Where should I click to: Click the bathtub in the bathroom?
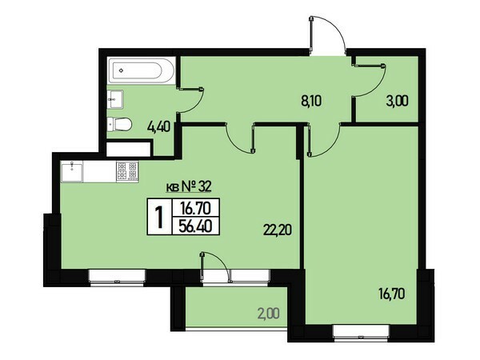click(x=142, y=71)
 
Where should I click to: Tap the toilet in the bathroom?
click(x=120, y=124)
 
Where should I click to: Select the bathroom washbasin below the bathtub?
click(x=115, y=99)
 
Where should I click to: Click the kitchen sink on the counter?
click(x=72, y=172)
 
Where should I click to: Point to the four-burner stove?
click(x=127, y=171)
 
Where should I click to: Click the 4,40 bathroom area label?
click(x=158, y=126)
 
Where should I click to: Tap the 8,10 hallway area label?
click(x=311, y=101)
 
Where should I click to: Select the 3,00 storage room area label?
click(x=397, y=101)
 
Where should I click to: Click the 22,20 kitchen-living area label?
click(x=277, y=230)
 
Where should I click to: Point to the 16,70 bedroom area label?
click(x=391, y=294)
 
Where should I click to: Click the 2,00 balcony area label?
click(x=269, y=314)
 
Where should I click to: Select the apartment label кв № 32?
click(x=188, y=186)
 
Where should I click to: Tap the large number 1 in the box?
click(x=159, y=217)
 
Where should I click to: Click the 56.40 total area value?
click(x=196, y=226)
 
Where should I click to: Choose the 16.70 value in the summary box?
click(x=196, y=209)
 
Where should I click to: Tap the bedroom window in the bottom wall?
click(x=361, y=333)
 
